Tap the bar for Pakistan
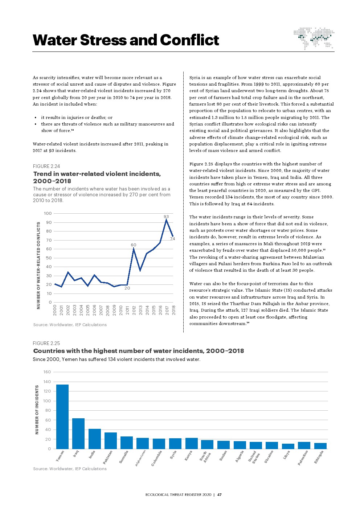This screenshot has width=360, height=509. point(111,440)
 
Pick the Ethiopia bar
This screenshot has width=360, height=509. point(320,446)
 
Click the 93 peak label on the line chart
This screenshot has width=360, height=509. point(166,217)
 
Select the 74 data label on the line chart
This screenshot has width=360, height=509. point(173,239)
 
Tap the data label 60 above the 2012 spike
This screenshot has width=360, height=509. point(134,245)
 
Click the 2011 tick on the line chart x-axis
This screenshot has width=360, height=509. point(127,310)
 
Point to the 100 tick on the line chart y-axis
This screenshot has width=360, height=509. point(48,213)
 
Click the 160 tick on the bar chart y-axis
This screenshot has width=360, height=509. point(47,372)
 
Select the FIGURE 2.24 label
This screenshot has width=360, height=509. point(46,166)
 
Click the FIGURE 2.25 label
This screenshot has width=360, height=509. point(46,343)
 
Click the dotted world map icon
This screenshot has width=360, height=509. point(314,38)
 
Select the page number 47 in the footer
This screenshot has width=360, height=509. point(220,494)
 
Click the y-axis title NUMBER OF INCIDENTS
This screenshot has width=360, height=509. point(37,410)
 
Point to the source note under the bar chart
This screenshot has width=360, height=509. point(70,469)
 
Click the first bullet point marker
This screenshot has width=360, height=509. point(36,118)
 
